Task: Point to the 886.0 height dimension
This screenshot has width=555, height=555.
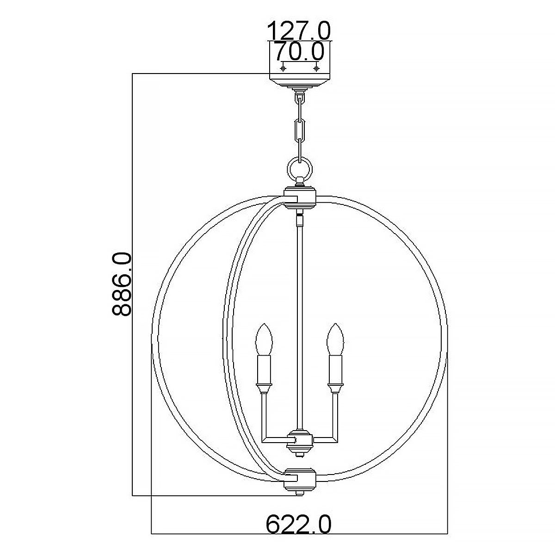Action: coord(122,284)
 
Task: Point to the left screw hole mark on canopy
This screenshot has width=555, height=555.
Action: coord(284,69)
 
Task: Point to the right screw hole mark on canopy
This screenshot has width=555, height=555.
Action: coord(316,69)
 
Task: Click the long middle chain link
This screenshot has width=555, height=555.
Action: coord(300,131)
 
